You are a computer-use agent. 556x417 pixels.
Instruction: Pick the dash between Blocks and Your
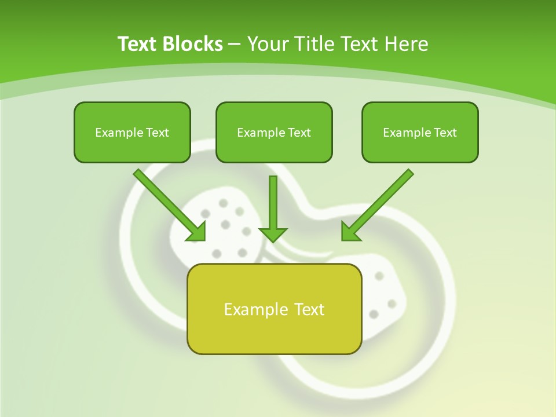(235, 45)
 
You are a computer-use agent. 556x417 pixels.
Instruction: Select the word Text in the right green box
(445, 133)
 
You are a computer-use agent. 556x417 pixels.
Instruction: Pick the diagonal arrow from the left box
(168, 203)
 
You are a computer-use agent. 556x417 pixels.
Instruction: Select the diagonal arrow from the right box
(379, 203)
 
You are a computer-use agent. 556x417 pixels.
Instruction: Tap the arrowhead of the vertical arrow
(273, 235)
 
